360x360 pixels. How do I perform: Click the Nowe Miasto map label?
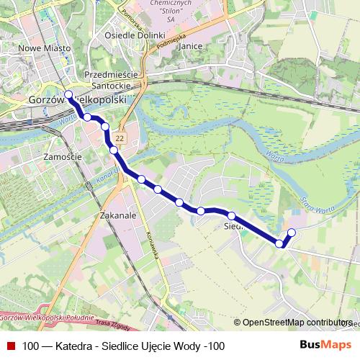pos(45,48)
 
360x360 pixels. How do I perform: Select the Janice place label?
pos(190,45)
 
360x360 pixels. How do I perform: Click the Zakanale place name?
pos(119,215)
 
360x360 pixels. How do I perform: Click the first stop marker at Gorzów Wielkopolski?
pos(68,94)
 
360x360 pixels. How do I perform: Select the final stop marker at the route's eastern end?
pos(292,232)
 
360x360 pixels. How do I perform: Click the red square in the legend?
pos(11,346)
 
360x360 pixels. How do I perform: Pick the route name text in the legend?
pos(123,346)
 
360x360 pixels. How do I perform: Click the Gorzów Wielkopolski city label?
pos(77,100)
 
